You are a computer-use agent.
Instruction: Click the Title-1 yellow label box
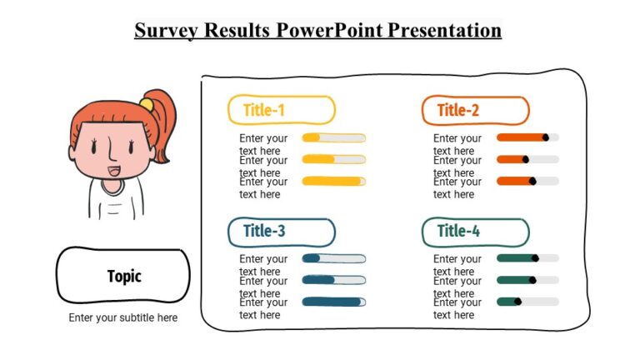click(281, 110)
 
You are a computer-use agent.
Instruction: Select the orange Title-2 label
click(475, 110)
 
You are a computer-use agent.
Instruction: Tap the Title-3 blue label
click(281, 231)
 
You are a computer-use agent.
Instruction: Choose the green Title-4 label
click(475, 231)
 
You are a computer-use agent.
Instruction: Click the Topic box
click(123, 276)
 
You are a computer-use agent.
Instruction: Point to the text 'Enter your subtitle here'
click(123, 317)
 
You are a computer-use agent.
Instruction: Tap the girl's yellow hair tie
click(146, 104)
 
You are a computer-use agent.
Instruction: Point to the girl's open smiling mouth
click(112, 172)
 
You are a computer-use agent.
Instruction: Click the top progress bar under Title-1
click(333, 137)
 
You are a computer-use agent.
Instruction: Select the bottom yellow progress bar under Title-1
click(333, 181)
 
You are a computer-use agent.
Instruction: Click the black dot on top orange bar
click(545, 137)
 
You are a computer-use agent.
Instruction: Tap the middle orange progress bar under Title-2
click(527, 158)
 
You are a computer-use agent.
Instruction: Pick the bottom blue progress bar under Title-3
click(333, 301)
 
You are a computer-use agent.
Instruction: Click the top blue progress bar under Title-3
click(333, 258)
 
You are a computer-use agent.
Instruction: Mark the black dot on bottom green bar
click(517, 301)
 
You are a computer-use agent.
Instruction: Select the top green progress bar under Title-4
click(527, 258)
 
